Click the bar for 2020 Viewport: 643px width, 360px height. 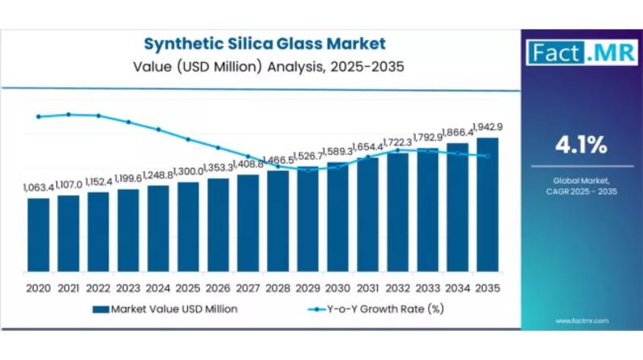[38, 233]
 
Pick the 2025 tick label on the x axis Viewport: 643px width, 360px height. [188, 287]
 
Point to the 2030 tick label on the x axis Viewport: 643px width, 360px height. [338, 287]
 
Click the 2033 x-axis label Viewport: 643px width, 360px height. [428, 287]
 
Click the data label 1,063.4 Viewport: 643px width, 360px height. [38, 187]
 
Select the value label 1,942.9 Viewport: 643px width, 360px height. [488, 127]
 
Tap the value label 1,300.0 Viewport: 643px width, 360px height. [188, 172]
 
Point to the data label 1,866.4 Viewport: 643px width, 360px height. [457, 133]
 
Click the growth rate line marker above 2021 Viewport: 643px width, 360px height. [68, 114]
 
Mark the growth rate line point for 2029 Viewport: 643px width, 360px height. [308, 169]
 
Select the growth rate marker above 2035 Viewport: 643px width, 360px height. [487, 156]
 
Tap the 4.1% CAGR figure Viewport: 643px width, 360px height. [580, 145]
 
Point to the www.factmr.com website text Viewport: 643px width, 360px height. [581, 321]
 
